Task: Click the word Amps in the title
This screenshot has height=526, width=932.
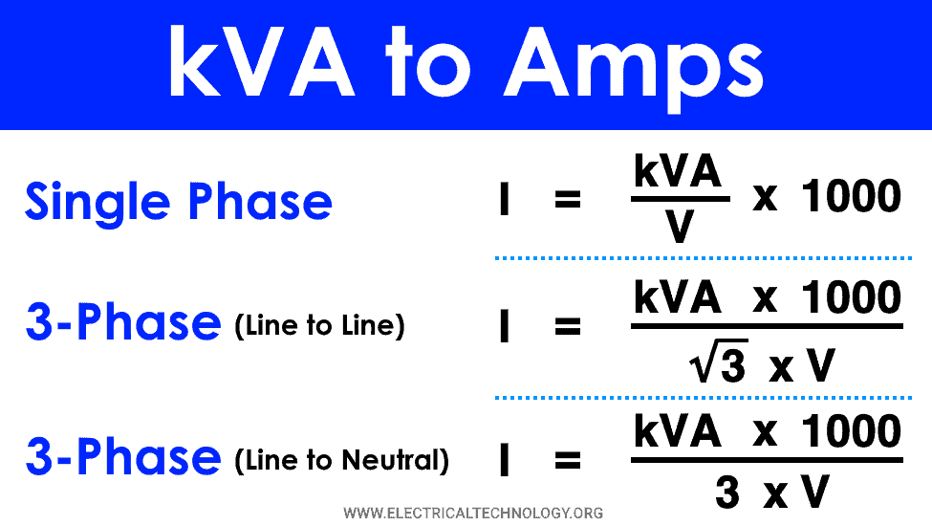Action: tap(634, 65)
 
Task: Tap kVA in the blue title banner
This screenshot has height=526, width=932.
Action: tap(262, 60)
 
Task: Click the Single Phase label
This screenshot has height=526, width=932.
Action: tap(179, 203)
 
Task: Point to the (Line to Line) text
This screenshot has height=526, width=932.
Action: tap(320, 326)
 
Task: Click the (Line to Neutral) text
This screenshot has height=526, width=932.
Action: tap(342, 460)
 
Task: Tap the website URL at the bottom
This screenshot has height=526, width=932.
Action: tap(473, 513)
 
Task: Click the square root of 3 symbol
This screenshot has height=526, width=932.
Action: tap(718, 361)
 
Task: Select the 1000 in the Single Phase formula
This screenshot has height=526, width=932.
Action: tap(851, 196)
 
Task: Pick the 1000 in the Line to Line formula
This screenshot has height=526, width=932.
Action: tap(851, 297)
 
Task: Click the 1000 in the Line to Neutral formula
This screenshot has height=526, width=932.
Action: tap(851, 431)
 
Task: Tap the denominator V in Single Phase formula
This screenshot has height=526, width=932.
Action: tap(680, 227)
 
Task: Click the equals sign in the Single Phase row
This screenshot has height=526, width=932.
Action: tap(568, 199)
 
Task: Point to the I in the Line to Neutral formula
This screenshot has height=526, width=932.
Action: tap(505, 459)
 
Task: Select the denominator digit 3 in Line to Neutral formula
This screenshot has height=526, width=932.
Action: tap(727, 493)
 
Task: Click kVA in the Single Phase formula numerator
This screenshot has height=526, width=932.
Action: tap(678, 171)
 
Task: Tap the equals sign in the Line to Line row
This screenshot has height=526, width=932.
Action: tap(568, 326)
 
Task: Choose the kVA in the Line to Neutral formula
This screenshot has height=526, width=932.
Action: tap(678, 431)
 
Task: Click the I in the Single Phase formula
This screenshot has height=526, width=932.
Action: tap(505, 199)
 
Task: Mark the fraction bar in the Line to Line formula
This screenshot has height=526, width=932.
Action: tap(767, 326)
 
